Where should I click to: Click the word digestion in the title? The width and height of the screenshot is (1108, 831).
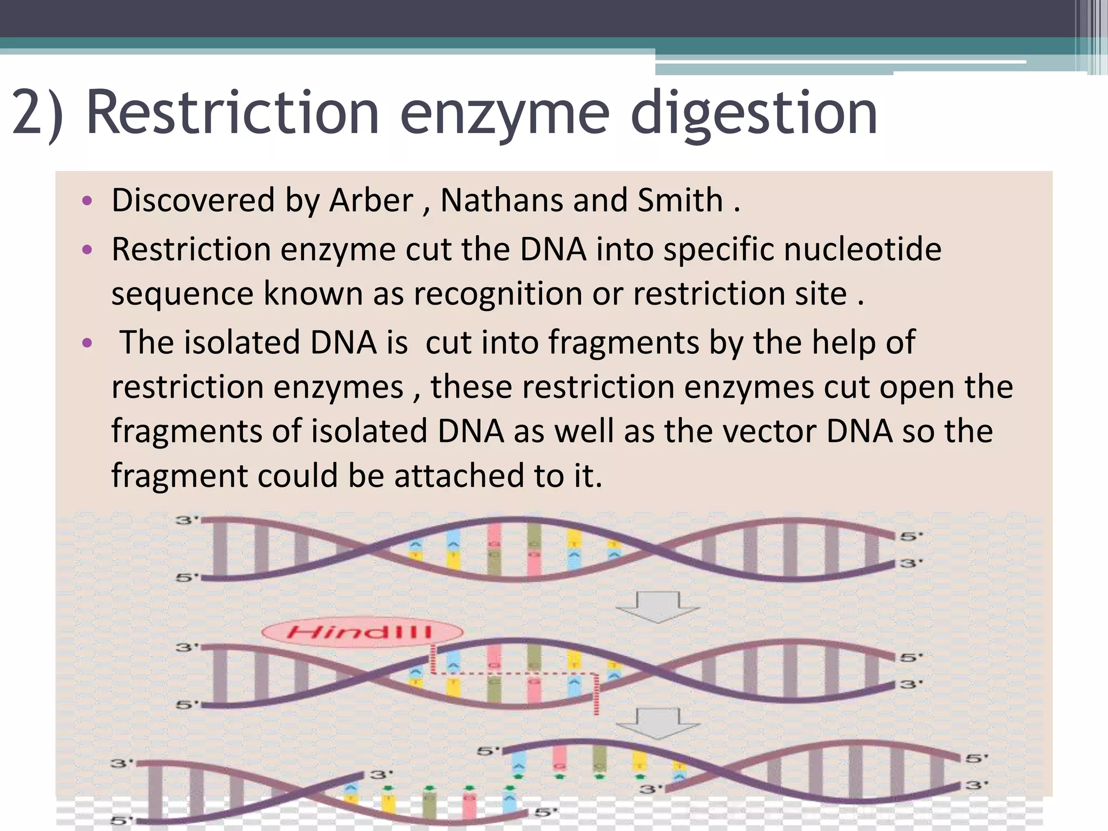[753, 114]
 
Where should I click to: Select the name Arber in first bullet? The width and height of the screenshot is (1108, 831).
[371, 200]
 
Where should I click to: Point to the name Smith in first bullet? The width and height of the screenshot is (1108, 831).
[680, 200]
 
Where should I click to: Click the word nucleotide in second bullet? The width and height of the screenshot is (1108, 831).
[862, 249]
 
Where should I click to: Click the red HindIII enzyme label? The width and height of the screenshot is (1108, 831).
[361, 631]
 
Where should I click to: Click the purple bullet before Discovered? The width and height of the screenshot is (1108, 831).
[87, 201]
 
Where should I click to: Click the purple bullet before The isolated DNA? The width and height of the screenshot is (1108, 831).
[87, 343]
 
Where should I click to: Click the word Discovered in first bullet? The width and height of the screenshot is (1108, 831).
[193, 200]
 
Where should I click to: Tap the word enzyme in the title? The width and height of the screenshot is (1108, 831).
[504, 114]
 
